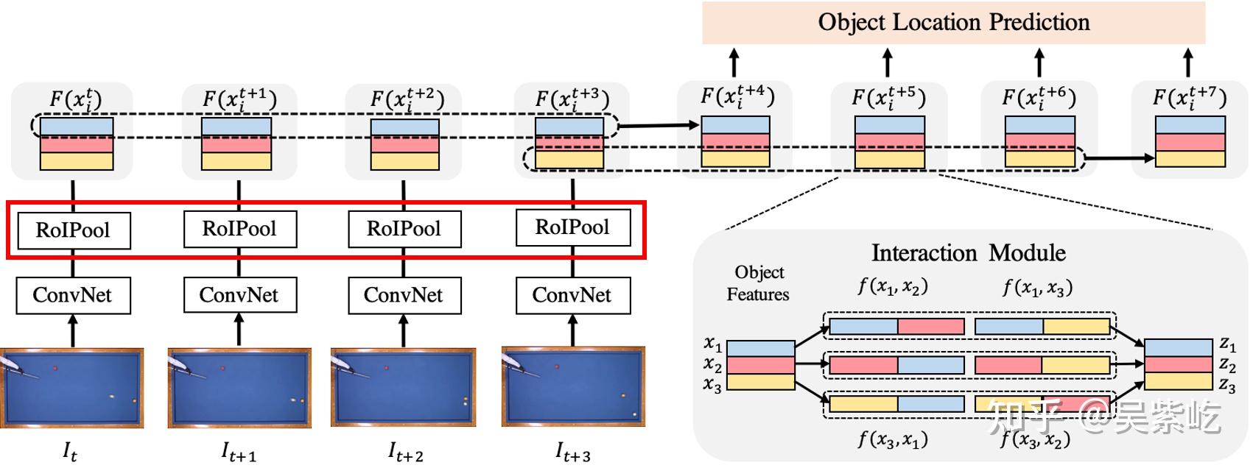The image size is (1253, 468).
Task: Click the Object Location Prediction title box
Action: [x=953, y=22]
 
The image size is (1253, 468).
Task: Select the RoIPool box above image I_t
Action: [x=73, y=230]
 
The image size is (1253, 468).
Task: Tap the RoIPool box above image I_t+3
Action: [x=572, y=227]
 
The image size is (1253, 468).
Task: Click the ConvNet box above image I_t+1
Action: [x=239, y=295]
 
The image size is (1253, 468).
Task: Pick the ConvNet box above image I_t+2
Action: [x=404, y=295]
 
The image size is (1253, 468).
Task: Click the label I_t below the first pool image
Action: [x=70, y=451]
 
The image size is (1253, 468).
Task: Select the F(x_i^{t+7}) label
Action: [x=1189, y=98]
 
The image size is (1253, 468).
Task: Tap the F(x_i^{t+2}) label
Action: [x=407, y=99]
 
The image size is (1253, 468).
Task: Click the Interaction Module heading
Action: [x=968, y=253]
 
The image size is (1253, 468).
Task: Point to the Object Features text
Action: [x=758, y=283]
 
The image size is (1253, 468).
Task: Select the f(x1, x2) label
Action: [x=893, y=286]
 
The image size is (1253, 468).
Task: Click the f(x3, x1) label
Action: [x=893, y=439]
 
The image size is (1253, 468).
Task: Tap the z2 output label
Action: [x=1227, y=364]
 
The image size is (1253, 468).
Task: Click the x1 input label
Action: [x=712, y=344]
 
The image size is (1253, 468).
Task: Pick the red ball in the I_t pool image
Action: [x=55, y=367]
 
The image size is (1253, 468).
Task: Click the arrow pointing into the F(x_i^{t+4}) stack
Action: [x=659, y=126]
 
